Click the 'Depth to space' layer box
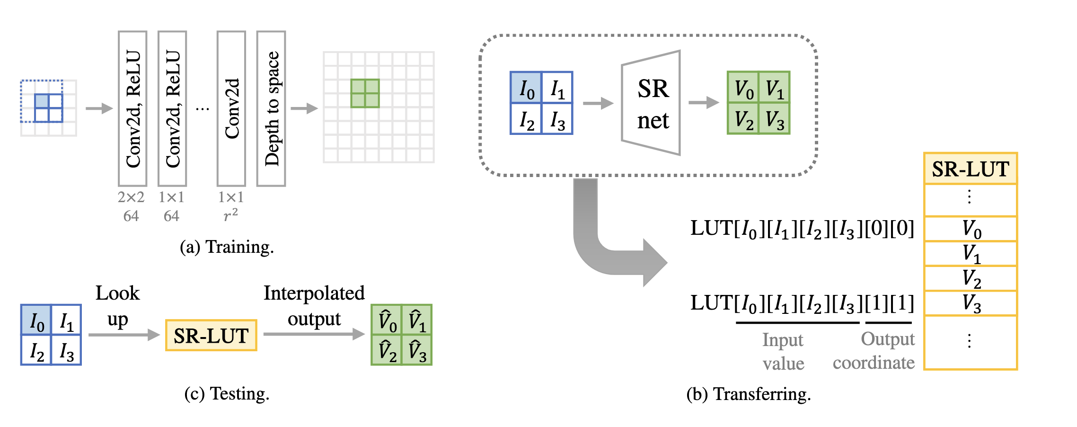[271, 108]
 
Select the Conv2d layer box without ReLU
[231, 108]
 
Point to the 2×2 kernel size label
[131, 197]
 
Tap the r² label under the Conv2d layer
[230, 215]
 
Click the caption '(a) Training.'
[227, 247]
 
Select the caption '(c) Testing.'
[227, 394]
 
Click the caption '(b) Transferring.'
[749, 394]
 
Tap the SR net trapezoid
[652, 103]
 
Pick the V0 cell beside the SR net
[743, 87]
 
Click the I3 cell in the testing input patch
[66, 350]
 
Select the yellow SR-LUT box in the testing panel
[211, 335]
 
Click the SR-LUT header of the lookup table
[971, 169]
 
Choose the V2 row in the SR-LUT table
[971, 278]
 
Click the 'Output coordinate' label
[874, 351]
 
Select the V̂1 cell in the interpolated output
[417, 320]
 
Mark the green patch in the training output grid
[365, 93]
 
